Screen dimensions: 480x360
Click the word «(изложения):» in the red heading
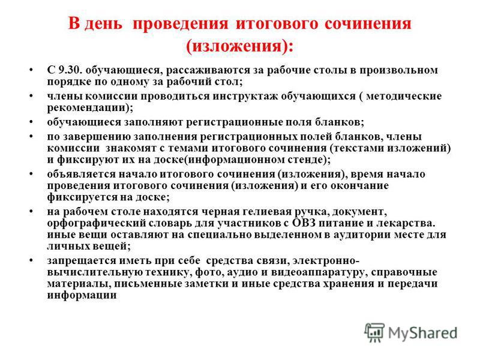click(x=239, y=47)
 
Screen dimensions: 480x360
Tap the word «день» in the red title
click(x=103, y=24)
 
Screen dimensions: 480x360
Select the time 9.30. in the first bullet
click(x=70, y=70)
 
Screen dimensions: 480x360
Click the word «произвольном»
click(x=398, y=71)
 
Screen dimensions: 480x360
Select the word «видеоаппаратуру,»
click(x=318, y=273)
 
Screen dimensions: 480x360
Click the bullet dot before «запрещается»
click(x=31, y=260)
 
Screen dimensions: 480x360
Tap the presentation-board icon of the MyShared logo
click(x=374, y=332)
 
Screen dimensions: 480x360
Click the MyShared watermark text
click(x=422, y=333)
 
